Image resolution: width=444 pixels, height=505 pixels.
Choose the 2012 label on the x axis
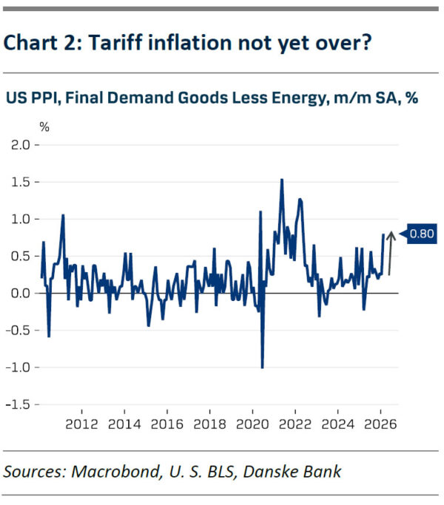(x=81, y=426)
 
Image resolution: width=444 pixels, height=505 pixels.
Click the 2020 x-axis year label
(x=252, y=426)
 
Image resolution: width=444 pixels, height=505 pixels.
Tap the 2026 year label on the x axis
(x=380, y=426)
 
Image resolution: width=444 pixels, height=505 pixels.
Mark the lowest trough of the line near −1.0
(x=262, y=367)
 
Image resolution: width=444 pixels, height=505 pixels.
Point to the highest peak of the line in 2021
(x=282, y=180)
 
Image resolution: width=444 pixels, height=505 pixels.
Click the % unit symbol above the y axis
(x=44, y=126)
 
